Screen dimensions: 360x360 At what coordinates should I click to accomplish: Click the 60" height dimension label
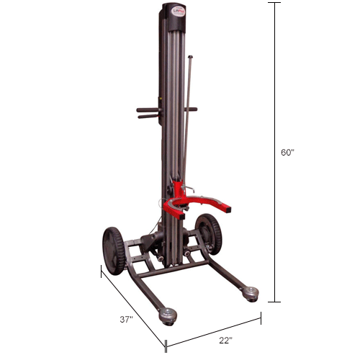pos(287,153)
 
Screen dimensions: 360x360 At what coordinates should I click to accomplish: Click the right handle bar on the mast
pos(192,109)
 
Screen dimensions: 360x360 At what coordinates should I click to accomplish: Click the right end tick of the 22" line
pos(261,315)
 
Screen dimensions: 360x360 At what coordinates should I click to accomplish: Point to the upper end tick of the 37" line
pos(101,270)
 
